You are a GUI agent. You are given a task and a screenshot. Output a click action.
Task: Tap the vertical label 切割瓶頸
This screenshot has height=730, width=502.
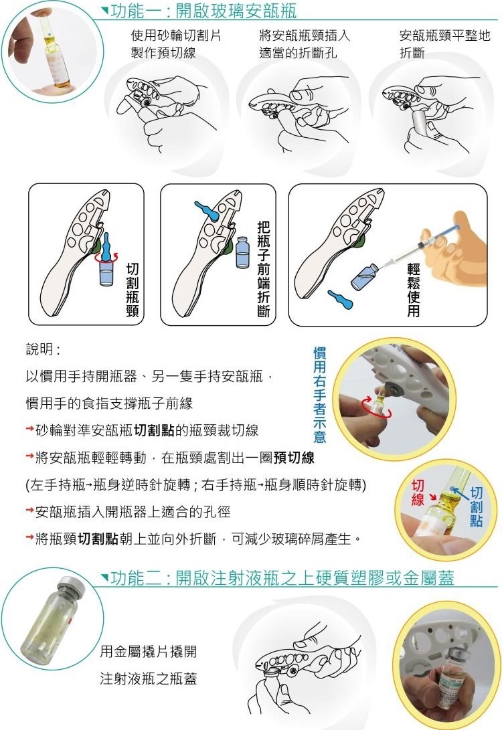pyautogui.click(x=133, y=290)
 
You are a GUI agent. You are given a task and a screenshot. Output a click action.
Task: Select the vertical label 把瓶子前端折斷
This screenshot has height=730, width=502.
pyautogui.click(x=264, y=268)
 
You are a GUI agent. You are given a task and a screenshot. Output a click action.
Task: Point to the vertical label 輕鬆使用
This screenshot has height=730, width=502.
pyautogui.click(x=414, y=290)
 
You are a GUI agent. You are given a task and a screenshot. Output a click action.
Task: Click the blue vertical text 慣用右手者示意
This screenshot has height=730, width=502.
pyautogui.click(x=319, y=394)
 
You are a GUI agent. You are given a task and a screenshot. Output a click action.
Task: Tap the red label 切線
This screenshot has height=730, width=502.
pyautogui.click(x=417, y=492)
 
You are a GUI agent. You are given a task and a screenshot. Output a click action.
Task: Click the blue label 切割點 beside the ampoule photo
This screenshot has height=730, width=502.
pyautogui.click(x=476, y=507)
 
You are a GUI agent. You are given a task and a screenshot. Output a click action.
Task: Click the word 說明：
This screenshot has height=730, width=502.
pyautogui.click(x=43, y=349)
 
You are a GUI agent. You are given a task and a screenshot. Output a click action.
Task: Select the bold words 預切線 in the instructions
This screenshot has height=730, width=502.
pyautogui.click(x=294, y=458)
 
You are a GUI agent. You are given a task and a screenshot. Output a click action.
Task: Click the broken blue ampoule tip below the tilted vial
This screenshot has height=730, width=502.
pyautogui.click(x=341, y=299)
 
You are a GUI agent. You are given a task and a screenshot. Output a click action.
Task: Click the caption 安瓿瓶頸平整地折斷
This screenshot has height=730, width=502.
pyautogui.click(x=444, y=43)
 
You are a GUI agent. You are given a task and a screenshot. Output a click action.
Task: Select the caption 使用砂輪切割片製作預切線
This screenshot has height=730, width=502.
pyautogui.click(x=175, y=43)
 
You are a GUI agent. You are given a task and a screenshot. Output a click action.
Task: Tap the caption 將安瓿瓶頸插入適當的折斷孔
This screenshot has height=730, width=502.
pyautogui.click(x=304, y=43)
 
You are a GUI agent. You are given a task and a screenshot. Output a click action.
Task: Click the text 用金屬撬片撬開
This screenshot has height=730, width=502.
pyautogui.click(x=148, y=651)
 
